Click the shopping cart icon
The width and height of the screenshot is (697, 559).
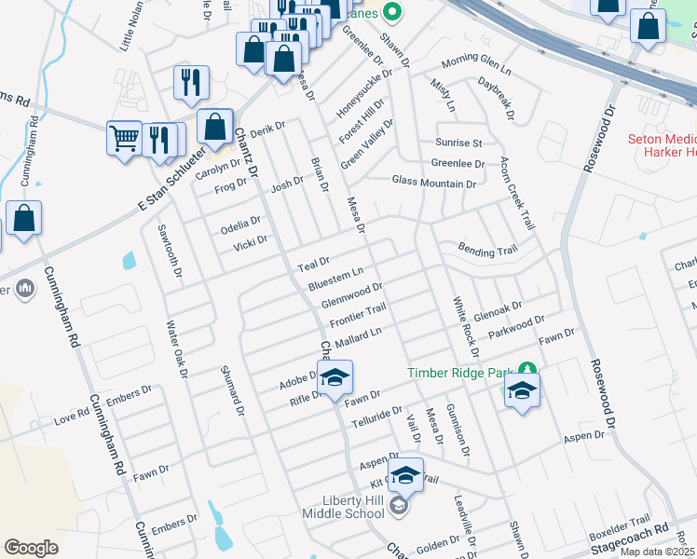pos(124,138)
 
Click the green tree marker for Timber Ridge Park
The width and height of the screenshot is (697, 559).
pos(527,371)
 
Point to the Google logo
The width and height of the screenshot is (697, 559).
pos(31,548)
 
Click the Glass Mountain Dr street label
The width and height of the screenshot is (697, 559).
pos(433,184)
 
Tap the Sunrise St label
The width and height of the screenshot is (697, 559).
pos(458,143)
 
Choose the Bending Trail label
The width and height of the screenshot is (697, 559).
pos(486,250)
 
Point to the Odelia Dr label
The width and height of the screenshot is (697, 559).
pos(240,224)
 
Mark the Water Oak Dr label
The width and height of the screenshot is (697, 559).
pos(177,349)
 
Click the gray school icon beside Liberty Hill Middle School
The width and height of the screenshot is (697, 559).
pos(399,506)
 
